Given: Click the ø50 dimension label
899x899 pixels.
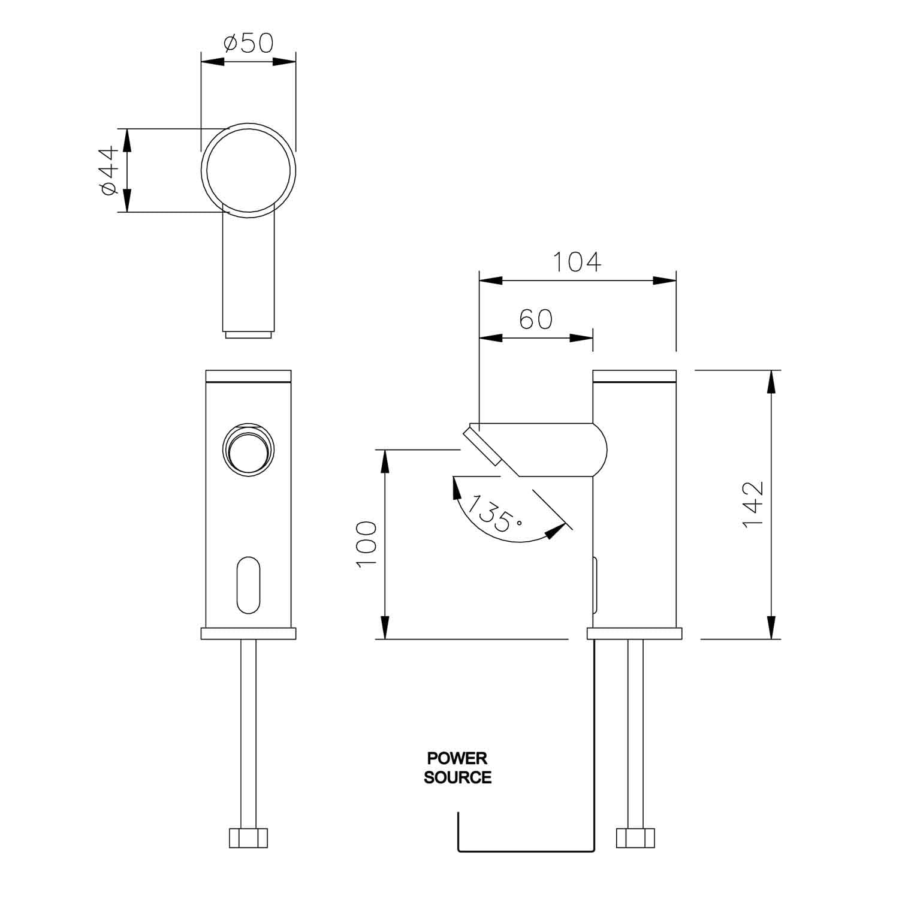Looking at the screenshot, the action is click(x=248, y=43).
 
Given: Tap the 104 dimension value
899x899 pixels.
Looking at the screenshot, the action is click(x=576, y=263).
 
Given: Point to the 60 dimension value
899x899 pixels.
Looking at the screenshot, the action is click(x=536, y=319).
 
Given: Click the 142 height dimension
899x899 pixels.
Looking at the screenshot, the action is click(x=753, y=504).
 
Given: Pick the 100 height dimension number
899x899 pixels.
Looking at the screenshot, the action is click(x=366, y=544).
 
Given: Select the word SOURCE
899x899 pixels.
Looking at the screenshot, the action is click(x=457, y=778).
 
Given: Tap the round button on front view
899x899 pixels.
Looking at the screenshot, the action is click(x=249, y=450).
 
